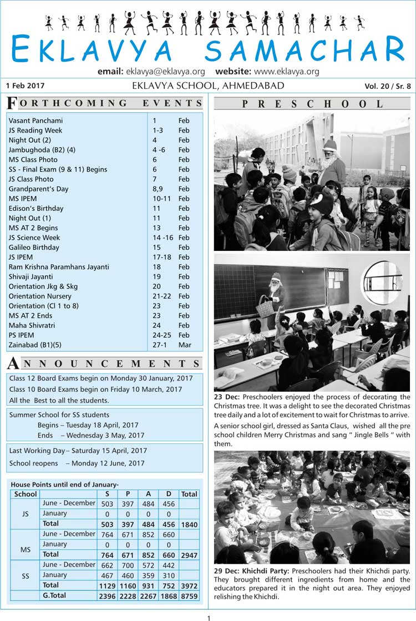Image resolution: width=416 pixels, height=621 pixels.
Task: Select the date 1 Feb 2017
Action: point(25,86)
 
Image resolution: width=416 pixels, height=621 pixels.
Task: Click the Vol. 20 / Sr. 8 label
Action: point(388,86)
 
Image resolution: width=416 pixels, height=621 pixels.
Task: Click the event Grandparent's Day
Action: point(38,189)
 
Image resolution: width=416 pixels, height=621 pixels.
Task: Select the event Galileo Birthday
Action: point(34,247)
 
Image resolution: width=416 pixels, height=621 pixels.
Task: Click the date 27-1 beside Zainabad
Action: point(160,345)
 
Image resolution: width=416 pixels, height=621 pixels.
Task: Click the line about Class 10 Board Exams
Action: point(95,390)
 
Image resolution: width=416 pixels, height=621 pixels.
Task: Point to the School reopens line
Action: point(77,463)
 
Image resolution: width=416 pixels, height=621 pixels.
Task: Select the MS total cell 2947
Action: point(189,554)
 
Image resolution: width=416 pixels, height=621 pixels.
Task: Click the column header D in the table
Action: point(169,494)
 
